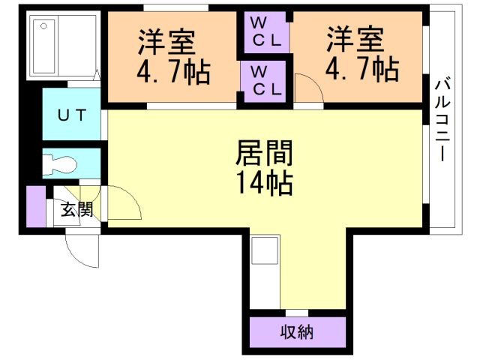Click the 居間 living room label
tap(263, 154)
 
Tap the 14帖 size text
tap(263, 182)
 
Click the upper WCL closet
tap(265, 31)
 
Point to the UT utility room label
tap(74, 115)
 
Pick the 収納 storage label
tap(297, 331)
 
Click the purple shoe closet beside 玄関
tap(35, 206)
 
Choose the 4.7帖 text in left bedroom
tap(172, 72)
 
